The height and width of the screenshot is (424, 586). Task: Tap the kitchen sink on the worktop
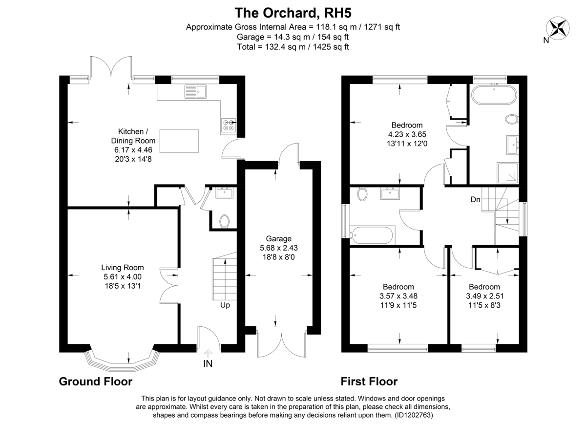196,91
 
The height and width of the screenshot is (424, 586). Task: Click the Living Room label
123,267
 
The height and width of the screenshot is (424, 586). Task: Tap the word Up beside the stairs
225,305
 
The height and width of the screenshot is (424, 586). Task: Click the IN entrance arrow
208,353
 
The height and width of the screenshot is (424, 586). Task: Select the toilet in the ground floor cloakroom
225,222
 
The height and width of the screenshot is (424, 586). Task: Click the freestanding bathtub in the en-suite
494,95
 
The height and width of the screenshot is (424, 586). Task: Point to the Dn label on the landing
476,199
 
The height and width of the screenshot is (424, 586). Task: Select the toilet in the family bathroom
362,194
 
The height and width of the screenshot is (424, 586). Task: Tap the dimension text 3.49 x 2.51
484,296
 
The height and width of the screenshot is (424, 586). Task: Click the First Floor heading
369,382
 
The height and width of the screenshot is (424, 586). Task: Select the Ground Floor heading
96,382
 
